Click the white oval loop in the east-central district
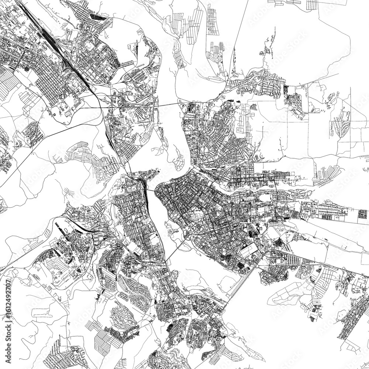tap(265, 199)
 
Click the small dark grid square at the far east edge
tap(363, 214)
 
